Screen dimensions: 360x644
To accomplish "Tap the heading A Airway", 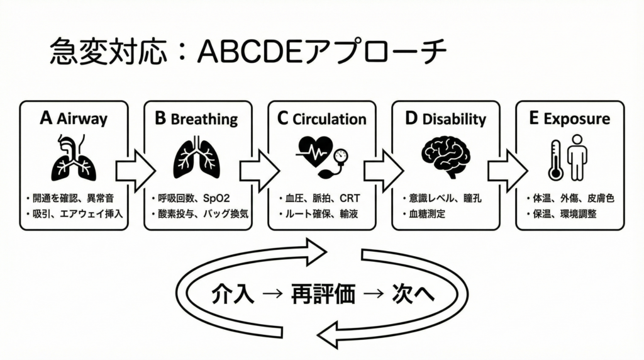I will [74, 118].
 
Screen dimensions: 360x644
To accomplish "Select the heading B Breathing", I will [196, 118].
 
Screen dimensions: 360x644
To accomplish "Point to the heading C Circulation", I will [321, 118].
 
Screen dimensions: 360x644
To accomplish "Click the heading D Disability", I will [445, 118].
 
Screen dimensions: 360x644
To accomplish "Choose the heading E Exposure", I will [569, 118].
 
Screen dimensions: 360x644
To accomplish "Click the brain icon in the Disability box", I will [445, 157].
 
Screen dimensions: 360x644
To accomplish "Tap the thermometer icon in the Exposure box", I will [555, 160].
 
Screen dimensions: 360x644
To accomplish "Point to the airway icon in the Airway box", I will [73, 159].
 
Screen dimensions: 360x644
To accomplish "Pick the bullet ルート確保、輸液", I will [319, 214].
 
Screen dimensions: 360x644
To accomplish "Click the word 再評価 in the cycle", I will [323, 293].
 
